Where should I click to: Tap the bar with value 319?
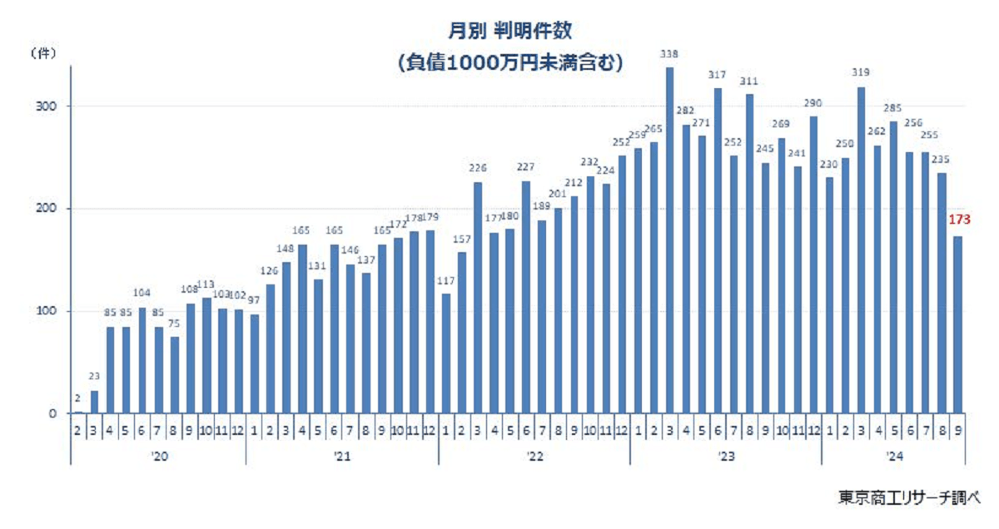pyautogui.click(x=861, y=250)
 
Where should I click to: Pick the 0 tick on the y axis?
pyautogui.click(x=51, y=413)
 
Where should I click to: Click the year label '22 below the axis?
pyautogui.click(x=534, y=456)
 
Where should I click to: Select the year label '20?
pyautogui.click(x=158, y=456)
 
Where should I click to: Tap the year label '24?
pyautogui.click(x=893, y=456)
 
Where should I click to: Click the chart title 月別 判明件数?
pyautogui.click(x=509, y=31)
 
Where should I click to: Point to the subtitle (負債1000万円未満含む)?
pyautogui.click(x=509, y=63)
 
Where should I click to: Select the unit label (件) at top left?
pyautogui.click(x=42, y=54)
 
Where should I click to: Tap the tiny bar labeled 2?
pyautogui.click(x=78, y=412)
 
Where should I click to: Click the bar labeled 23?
pyautogui.click(x=94, y=402)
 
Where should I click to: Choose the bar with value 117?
pyautogui.click(x=445, y=353)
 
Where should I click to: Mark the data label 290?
pyautogui.click(x=813, y=103)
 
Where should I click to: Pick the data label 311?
pyautogui.click(x=749, y=82)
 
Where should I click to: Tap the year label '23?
pyautogui.click(x=725, y=456)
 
